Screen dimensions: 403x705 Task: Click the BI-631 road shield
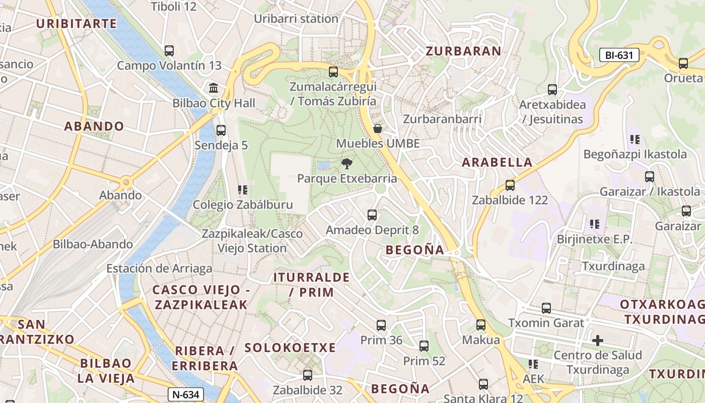click(x=619, y=55)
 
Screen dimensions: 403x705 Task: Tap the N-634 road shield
click(x=186, y=394)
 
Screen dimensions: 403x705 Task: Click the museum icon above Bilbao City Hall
click(x=214, y=88)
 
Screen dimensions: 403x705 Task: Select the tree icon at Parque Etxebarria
click(x=346, y=163)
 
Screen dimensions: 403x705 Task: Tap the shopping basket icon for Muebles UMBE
click(x=378, y=128)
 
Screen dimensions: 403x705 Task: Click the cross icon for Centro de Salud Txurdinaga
click(x=598, y=341)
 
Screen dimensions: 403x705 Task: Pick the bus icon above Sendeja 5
click(x=221, y=130)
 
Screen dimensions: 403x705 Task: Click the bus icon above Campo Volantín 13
click(x=169, y=51)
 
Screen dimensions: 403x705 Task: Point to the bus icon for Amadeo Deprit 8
click(x=372, y=215)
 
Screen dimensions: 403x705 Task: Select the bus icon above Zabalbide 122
click(x=510, y=185)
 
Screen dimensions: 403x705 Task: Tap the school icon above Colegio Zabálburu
click(x=243, y=190)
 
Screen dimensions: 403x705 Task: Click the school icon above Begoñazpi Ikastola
click(x=634, y=139)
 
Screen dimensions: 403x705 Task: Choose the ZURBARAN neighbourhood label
click(x=463, y=51)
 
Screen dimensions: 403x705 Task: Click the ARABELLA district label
click(x=497, y=162)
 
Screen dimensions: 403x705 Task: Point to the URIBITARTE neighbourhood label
click(x=77, y=24)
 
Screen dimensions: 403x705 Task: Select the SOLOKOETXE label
click(x=290, y=348)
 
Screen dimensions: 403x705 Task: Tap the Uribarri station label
click(x=296, y=19)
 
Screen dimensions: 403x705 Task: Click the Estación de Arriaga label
click(x=159, y=268)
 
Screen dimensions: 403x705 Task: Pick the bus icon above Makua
click(x=481, y=325)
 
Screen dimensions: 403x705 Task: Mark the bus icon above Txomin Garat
click(x=546, y=308)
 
